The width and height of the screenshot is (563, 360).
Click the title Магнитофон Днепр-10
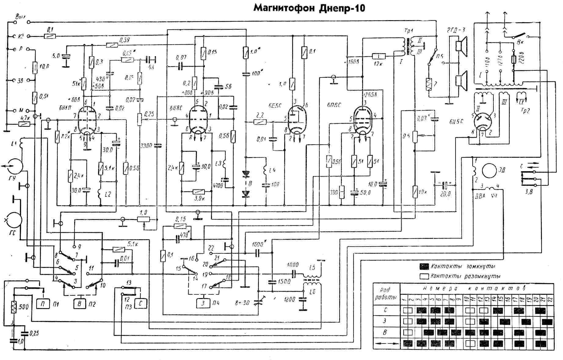[309, 8]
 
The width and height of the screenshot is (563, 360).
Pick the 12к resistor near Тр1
[379, 56]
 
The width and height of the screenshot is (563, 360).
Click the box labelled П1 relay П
[43, 304]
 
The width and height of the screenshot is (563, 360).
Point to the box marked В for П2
[80, 304]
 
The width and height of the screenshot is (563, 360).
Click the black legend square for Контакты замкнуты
[424, 266]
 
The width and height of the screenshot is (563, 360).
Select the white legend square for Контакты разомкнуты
[424, 276]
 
